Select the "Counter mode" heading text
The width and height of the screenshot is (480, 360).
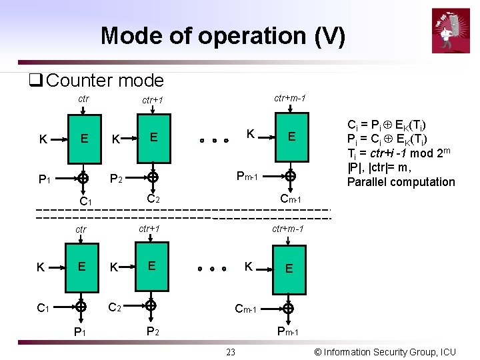[x=105, y=81]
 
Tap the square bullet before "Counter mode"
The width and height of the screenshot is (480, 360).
[x=35, y=81]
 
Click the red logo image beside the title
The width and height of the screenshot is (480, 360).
[x=451, y=30]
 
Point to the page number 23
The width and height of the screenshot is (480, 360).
[x=231, y=352]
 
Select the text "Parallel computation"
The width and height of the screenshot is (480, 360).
[x=401, y=182]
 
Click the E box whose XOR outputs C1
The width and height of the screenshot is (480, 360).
[x=84, y=139]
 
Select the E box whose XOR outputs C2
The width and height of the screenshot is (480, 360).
[x=153, y=137]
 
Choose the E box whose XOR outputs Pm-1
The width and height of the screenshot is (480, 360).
[x=289, y=268]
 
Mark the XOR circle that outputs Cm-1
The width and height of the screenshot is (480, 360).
[x=290, y=177]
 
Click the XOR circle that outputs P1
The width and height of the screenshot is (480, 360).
[x=81, y=307]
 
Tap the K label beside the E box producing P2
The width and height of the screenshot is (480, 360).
[x=115, y=267]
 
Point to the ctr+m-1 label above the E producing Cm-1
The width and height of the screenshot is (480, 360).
[x=290, y=98]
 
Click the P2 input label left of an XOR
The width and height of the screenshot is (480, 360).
[x=115, y=179]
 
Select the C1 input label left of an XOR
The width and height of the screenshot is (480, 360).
[x=43, y=307]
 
